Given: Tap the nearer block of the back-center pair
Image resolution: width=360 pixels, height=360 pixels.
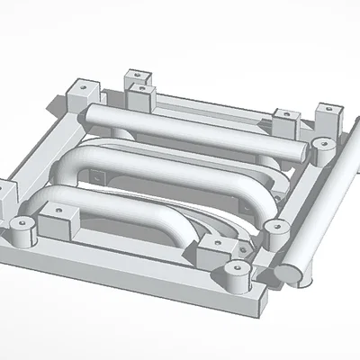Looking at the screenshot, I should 146,95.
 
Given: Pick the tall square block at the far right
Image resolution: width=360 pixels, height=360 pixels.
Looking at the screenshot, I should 328,114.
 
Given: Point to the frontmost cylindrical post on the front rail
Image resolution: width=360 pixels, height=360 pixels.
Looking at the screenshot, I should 238,277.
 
